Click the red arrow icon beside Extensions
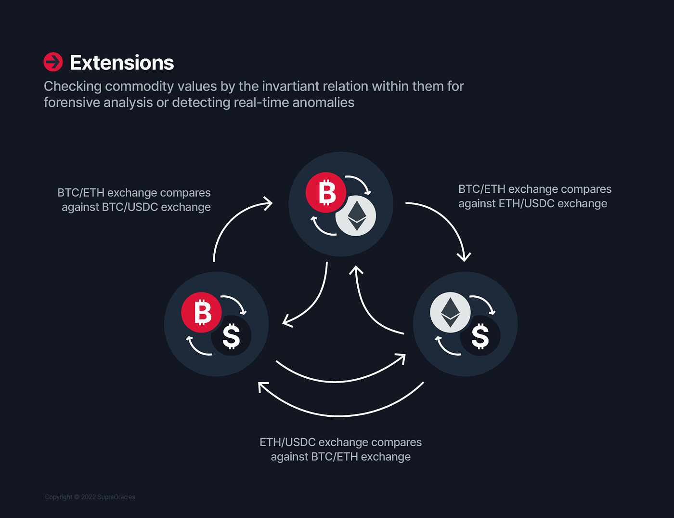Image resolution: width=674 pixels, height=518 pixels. tap(53, 62)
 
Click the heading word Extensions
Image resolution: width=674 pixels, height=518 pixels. tap(122, 63)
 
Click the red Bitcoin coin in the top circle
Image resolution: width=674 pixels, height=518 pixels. tap(325, 192)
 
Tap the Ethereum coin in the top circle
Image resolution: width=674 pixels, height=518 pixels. tap(356, 216)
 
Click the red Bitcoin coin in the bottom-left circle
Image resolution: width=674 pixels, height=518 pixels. tap(201, 312)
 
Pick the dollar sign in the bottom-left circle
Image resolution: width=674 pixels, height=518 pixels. tap(232, 336)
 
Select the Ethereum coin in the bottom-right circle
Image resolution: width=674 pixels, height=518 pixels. tap(450, 312)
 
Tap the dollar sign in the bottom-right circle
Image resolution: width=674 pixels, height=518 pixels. tap(480, 336)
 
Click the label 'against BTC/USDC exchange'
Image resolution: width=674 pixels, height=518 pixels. tap(136, 207)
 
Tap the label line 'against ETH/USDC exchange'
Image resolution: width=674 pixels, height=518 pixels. tap(533, 204)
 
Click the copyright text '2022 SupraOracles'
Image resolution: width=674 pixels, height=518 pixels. tap(108, 497)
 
